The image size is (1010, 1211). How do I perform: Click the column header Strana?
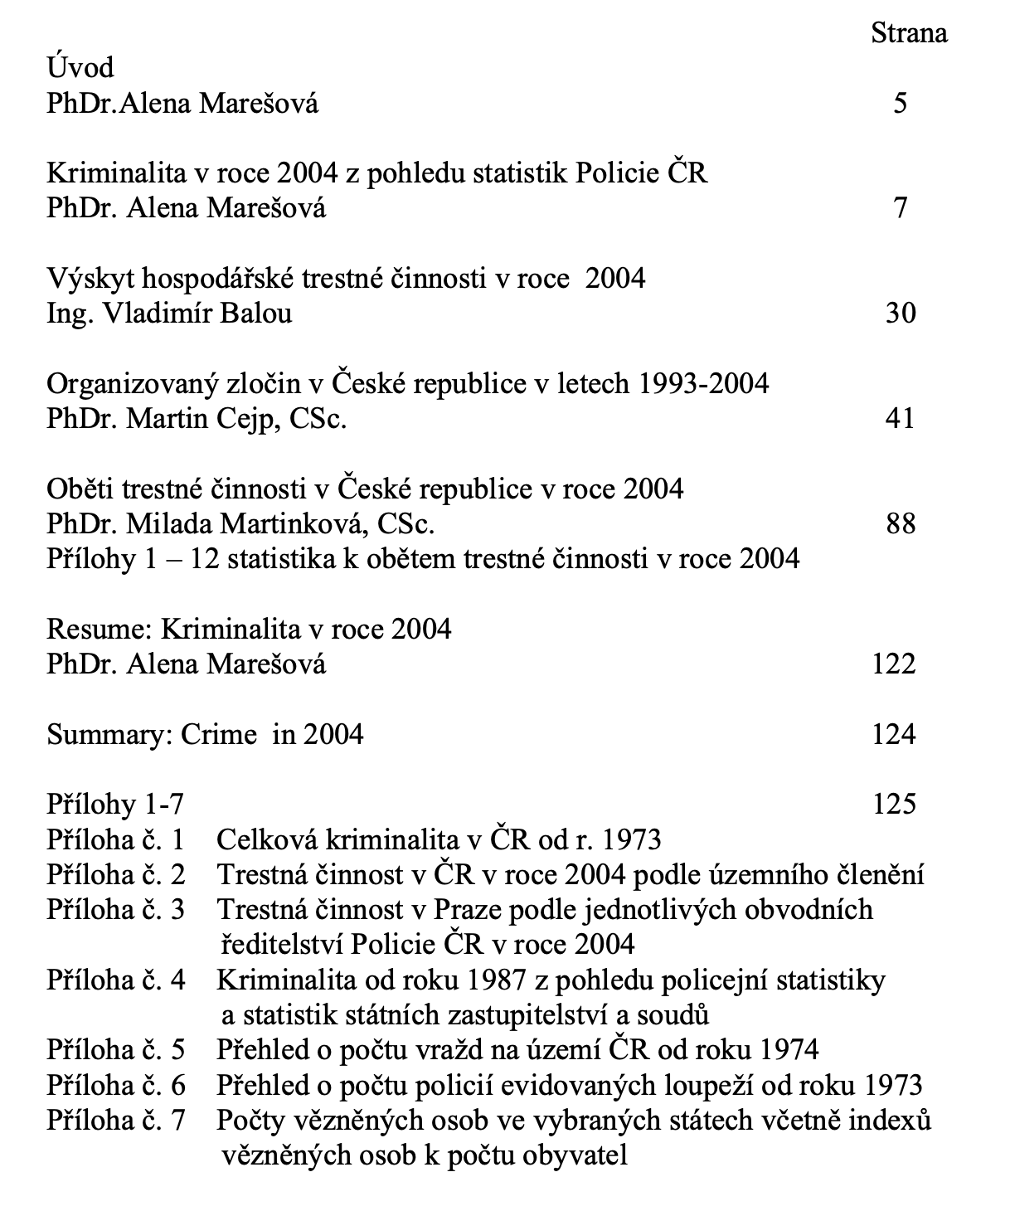point(909,33)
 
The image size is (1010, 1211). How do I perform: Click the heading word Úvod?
point(80,67)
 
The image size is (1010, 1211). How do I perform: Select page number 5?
point(901,104)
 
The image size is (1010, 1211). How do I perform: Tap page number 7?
point(901,208)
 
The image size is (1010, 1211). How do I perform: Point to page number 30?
point(901,314)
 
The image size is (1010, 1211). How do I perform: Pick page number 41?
point(901,418)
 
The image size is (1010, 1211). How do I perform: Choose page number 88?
point(901,523)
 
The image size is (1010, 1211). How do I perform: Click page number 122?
point(894,664)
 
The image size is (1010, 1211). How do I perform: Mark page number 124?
point(894,734)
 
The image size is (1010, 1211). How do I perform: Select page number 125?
point(894,804)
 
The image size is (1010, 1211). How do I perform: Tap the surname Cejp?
point(238,419)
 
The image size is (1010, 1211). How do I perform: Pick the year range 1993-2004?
point(699,383)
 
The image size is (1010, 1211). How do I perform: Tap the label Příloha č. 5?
point(115,1050)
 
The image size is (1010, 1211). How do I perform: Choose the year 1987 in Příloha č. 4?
point(497,980)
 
